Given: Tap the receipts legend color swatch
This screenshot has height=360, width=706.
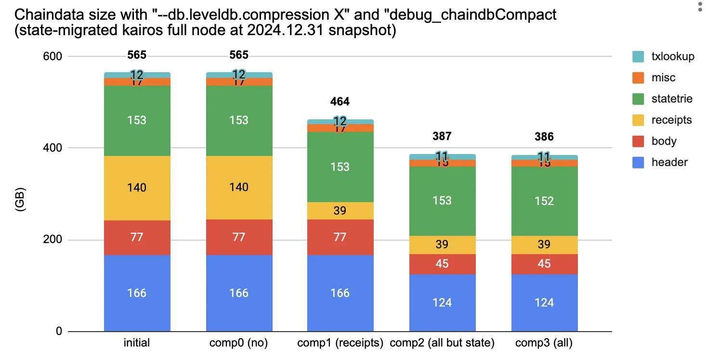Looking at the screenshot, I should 639,120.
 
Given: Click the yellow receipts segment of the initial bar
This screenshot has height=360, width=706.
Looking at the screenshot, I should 137,188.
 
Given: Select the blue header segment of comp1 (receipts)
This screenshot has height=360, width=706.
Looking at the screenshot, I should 340,293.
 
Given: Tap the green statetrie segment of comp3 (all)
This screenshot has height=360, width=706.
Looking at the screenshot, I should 544,201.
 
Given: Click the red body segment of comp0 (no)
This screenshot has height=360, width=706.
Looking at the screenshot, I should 239,237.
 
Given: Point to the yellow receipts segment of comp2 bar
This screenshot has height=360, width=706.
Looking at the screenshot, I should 442,244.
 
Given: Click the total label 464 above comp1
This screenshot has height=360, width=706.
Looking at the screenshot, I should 340,102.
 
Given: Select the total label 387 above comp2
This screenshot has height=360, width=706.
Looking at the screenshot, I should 442,136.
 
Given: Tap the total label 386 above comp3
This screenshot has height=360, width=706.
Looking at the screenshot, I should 544,137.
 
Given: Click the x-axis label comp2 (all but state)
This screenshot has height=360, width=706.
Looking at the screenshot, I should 442,343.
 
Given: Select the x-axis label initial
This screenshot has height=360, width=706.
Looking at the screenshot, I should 137,343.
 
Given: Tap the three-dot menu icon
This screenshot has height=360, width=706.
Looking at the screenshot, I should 699,7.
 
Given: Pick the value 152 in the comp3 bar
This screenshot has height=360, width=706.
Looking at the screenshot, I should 544,201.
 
